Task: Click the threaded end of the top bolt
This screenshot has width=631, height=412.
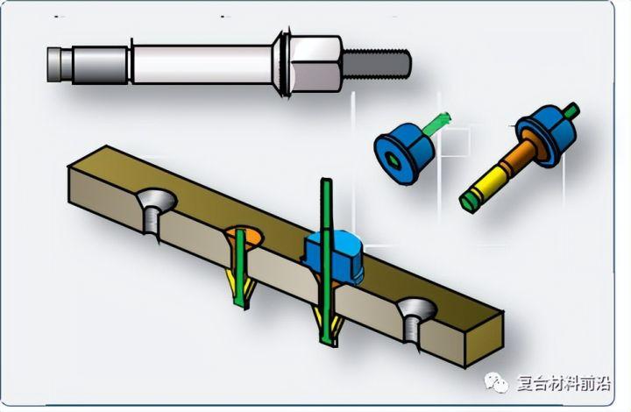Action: point(376,63)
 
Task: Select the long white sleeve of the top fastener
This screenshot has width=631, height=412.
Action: point(202,64)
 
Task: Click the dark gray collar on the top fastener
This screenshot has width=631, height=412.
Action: point(100,65)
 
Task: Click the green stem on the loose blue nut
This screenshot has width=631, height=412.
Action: point(436,123)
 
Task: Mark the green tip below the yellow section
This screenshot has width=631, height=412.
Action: point(469,200)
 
